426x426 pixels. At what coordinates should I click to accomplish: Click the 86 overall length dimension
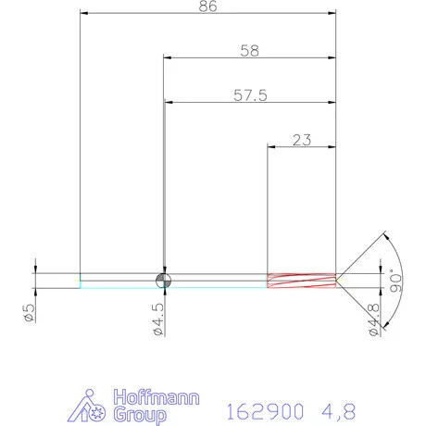209,7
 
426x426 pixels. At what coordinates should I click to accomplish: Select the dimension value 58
248,51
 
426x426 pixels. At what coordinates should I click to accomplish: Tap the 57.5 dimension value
248,95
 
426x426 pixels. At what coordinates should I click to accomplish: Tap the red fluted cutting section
300,280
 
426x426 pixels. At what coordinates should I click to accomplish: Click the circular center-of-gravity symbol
163,280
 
